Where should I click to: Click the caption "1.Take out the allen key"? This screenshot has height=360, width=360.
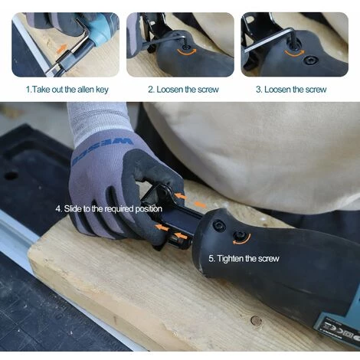pyautogui.click(x=67, y=90)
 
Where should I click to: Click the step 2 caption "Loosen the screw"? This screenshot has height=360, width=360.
pyautogui.click(x=188, y=90)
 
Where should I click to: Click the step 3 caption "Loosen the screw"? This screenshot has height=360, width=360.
pyautogui.click(x=296, y=90)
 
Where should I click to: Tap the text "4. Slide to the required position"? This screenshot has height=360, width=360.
pyautogui.click(x=109, y=209)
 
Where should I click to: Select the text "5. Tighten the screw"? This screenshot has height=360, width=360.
pyautogui.click(x=244, y=259)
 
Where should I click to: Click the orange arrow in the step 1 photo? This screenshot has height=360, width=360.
pyautogui.click(x=61, y=48)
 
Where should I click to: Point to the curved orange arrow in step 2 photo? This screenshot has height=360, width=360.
pyautogui.click(x=188, y=52)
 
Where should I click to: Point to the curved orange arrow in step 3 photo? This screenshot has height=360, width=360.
pyautogui.click(x=295, y=54)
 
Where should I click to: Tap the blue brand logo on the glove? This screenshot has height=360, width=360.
pyautogui.click(x=102, y=152)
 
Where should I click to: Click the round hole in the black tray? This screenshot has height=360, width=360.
pyautogui.click(x=11, y=176)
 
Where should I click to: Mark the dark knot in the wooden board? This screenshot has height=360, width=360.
pyautogui.click(x=256, y=320)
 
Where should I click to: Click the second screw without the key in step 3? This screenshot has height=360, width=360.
pyautogui.click(x=311, y=61)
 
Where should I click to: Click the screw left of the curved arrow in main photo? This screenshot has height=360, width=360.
pyautogui.click(x=219, y=225)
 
